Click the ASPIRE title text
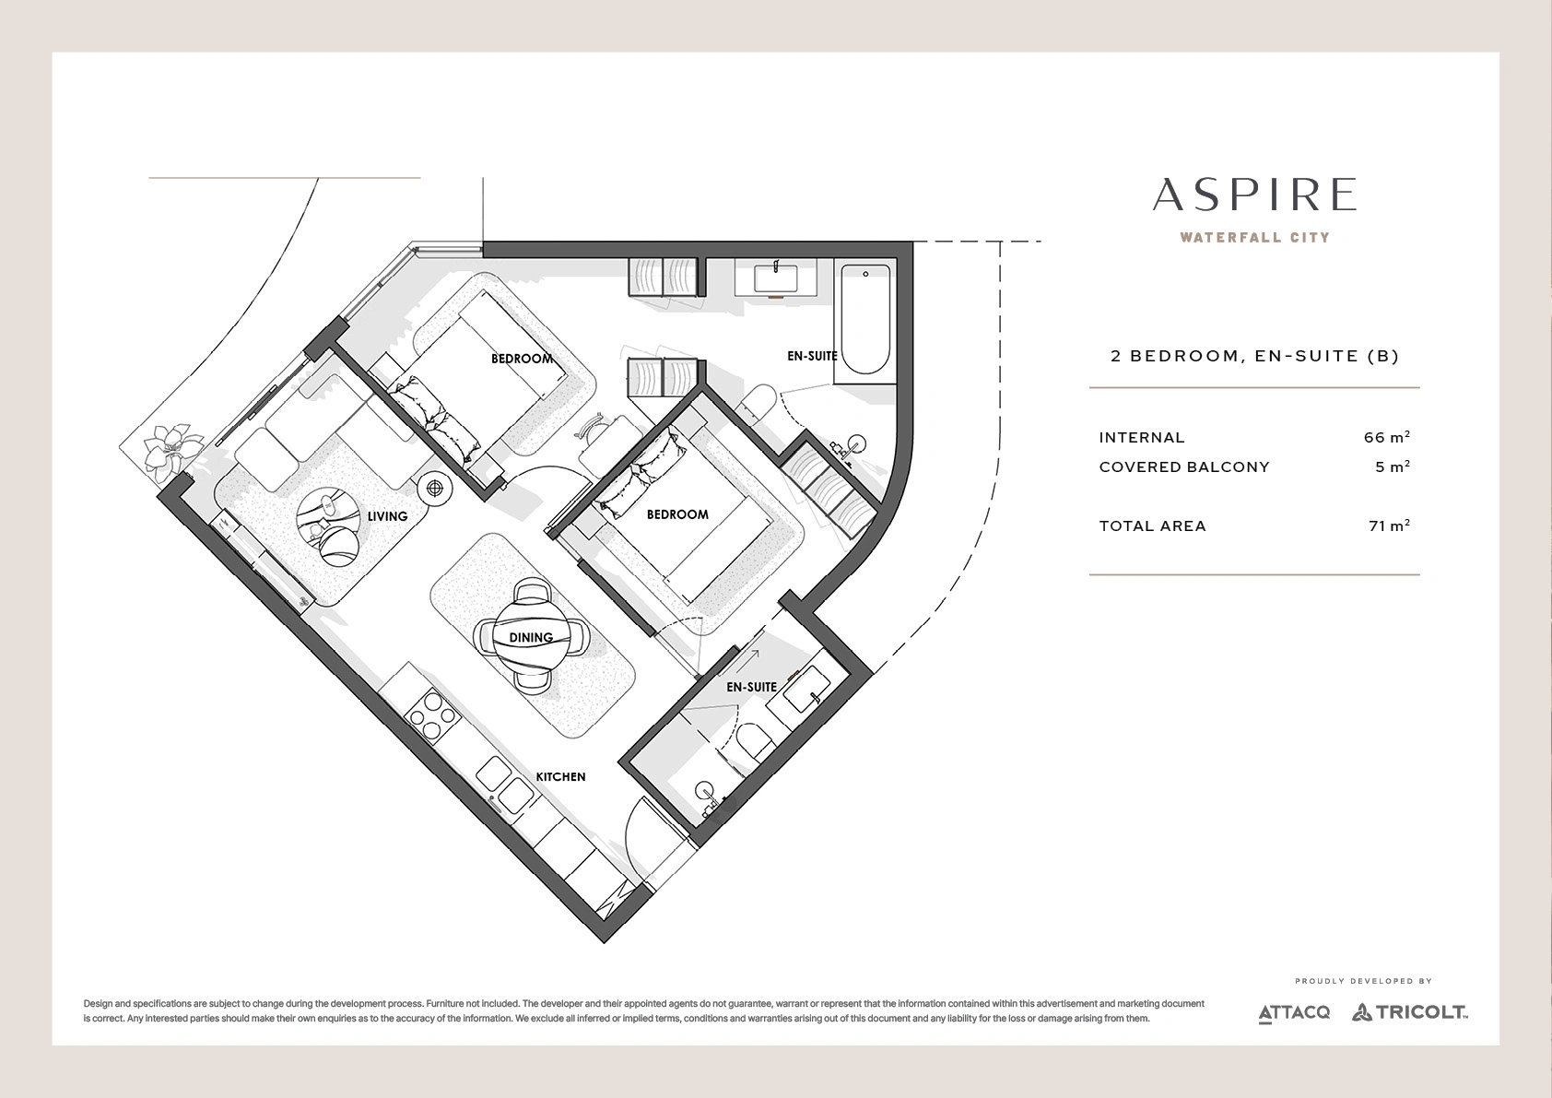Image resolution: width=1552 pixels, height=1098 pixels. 1254,195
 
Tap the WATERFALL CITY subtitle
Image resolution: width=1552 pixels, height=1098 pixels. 1254,238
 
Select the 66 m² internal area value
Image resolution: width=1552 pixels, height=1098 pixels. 1386,437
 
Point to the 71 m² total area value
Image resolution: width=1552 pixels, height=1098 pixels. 1389,525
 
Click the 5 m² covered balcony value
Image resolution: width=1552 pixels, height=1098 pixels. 1392,466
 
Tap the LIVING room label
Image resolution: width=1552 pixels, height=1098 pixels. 387,516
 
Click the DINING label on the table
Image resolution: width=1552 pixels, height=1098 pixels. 531,638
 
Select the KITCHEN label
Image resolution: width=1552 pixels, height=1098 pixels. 560,777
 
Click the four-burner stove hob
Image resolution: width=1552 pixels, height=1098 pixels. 431,716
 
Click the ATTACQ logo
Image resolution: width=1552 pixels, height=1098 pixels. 1294,1013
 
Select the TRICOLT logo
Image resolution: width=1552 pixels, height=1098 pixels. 1411,1012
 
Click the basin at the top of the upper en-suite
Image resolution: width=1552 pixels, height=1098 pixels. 775,279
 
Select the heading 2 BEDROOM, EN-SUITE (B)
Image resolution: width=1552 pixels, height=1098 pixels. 1254,356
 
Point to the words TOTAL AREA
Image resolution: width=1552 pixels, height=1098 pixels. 1152,526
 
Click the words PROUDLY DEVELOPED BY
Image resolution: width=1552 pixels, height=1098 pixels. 1363,981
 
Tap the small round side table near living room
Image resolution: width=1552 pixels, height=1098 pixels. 435,489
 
